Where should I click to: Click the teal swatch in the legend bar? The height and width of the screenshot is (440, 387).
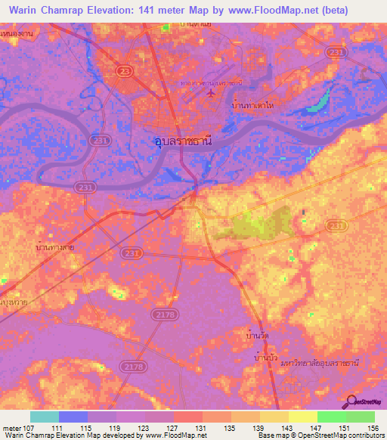pos(45,417)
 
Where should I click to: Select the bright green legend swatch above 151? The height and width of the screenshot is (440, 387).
pos(331,417)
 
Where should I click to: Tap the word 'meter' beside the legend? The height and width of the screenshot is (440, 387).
pos(11,427)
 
